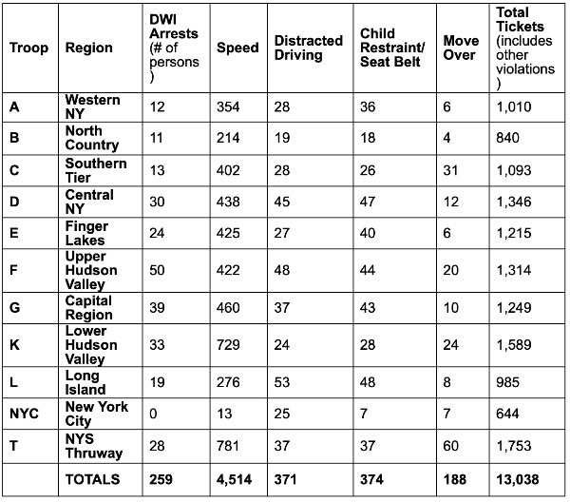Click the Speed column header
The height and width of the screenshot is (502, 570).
(237, 48)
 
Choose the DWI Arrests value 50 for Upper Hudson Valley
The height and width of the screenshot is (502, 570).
(157, 270)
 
